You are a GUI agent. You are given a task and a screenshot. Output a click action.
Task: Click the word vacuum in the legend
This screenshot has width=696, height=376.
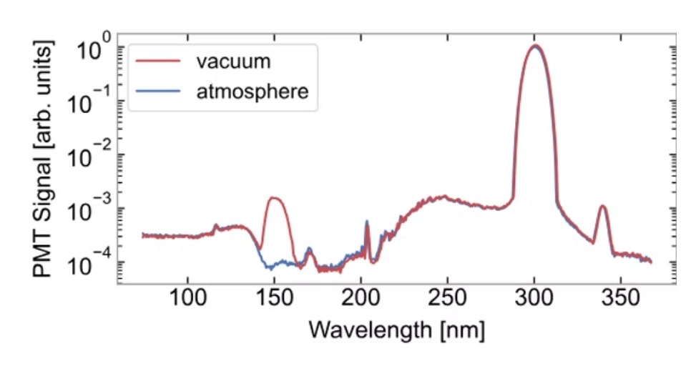coord(233,61)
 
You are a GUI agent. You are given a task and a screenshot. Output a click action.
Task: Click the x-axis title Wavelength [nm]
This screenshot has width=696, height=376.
coord(397,330)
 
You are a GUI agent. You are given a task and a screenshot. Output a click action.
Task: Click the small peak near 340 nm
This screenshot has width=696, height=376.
coord(603,207)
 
